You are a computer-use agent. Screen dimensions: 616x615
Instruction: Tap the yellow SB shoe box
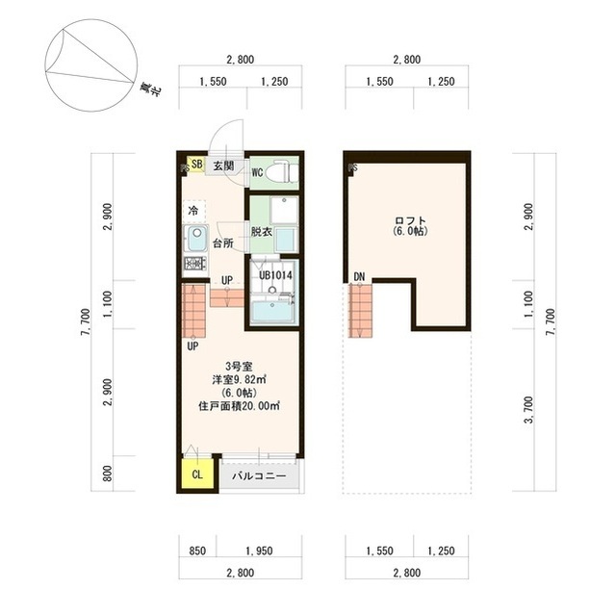pyautogui.click(x=195, y=165)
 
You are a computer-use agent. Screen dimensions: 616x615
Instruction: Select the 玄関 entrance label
pyautogui.click(x=223, y=166)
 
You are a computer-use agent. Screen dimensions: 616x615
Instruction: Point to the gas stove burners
pyautogui.click(x=195, y=263)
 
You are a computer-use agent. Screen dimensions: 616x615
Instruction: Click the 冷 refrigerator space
pyautogui.click(x=194, y=212)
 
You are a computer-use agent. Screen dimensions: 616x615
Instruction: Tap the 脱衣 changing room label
pyautogui.click(x=262, y=232)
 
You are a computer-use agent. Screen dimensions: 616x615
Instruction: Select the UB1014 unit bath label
pyautogui.click(x=275, y=275)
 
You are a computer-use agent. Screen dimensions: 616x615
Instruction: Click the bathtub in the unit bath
pyautogui.click(x=272, y=312)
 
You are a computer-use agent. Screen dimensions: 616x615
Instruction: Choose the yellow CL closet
pyautogui.click(x=197, y=474)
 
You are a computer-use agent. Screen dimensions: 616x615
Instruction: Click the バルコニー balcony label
pyautogui.click(x=259, y=476)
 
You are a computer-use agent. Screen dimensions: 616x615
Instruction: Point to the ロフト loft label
pyautogui.click(x=410, y=220)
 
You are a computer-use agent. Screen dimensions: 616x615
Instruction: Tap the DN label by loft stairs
pyautogui.click(x=359, y=277)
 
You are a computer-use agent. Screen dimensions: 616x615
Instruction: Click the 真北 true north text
pyautogui.click(x=151, y=90)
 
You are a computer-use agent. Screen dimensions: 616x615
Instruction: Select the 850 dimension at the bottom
pyautogui.click(x=197, y=551)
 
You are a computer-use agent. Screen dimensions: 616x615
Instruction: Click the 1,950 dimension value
pyautogui.click(x=259, y=551)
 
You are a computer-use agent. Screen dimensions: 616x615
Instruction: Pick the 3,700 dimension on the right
pyautogui.click(x=528, y=410)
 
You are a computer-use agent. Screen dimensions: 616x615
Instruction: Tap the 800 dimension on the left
pyautogui.click(x=107, y=474)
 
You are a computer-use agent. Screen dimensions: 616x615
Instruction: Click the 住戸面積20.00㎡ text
pyautogui.click(x=239, y=406)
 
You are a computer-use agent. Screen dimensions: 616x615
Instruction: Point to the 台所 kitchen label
pyautogui.click(x=223, y=243)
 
